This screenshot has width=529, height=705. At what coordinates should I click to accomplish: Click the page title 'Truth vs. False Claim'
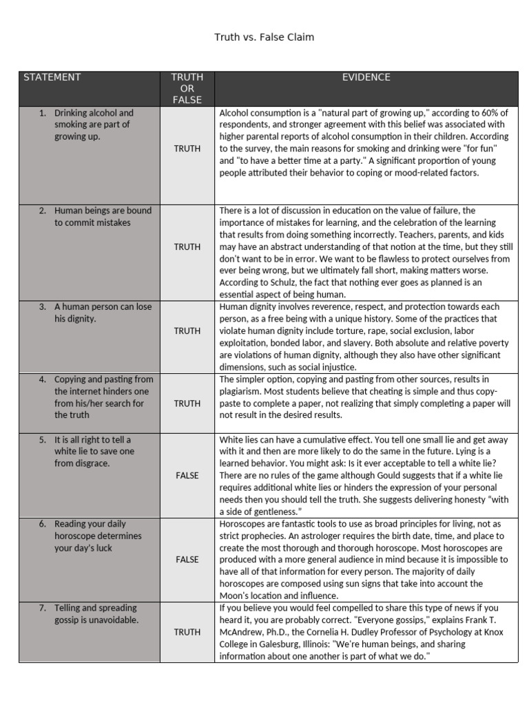(x=264, y=37)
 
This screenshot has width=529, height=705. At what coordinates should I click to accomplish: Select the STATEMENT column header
(x=52, y=77)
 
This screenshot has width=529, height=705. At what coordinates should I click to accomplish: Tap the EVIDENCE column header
(x=366, y=77)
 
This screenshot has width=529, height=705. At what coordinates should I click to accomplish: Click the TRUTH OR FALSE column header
(x=187, y=89)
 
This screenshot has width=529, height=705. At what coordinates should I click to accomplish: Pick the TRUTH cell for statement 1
(x=187, y=148)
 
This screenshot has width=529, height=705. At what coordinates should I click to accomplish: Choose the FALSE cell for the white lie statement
(x=187, y=475)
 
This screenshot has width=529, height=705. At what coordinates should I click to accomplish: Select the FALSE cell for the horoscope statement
(x=187, y=560)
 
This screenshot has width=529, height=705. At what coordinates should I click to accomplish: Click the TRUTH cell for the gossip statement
(x=187, y=632)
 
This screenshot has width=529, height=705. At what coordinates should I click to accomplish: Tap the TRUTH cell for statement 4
(x=187, y=403)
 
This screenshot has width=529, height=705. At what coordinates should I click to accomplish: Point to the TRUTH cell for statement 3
(x=187, y=330)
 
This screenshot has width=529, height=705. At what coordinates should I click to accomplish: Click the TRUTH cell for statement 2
(x=187, y=246)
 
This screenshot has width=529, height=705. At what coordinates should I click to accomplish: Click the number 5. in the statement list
(x=43, y=439)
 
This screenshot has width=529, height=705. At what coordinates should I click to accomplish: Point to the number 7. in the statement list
(x=43, y=608)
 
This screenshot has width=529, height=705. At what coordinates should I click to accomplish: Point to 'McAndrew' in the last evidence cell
(x=242, y=632)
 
